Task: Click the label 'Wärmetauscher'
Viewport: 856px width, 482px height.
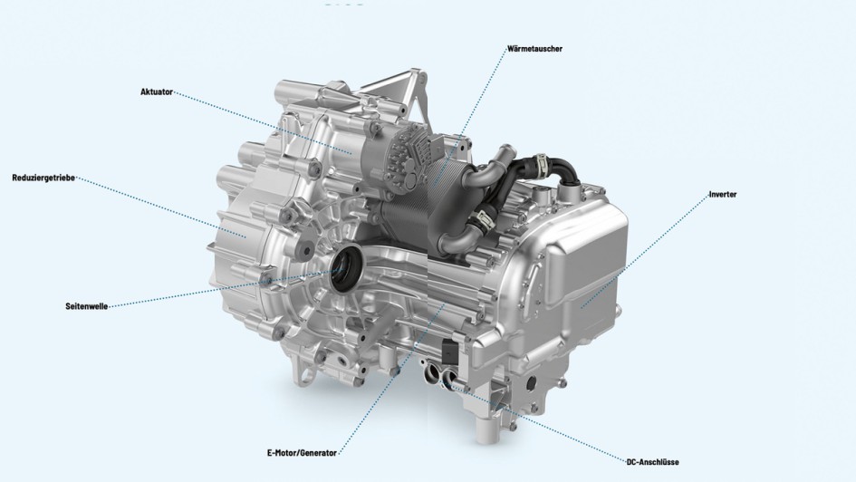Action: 536,48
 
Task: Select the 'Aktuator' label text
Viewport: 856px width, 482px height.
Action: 156,92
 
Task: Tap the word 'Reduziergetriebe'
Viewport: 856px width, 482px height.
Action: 43,177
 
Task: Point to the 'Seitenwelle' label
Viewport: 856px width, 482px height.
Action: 86,306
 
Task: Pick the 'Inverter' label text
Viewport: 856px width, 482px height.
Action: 723,194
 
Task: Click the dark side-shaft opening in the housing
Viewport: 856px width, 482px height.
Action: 345,269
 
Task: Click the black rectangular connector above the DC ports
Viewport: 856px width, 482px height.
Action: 451,351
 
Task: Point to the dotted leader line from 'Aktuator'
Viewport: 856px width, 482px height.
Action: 263,122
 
